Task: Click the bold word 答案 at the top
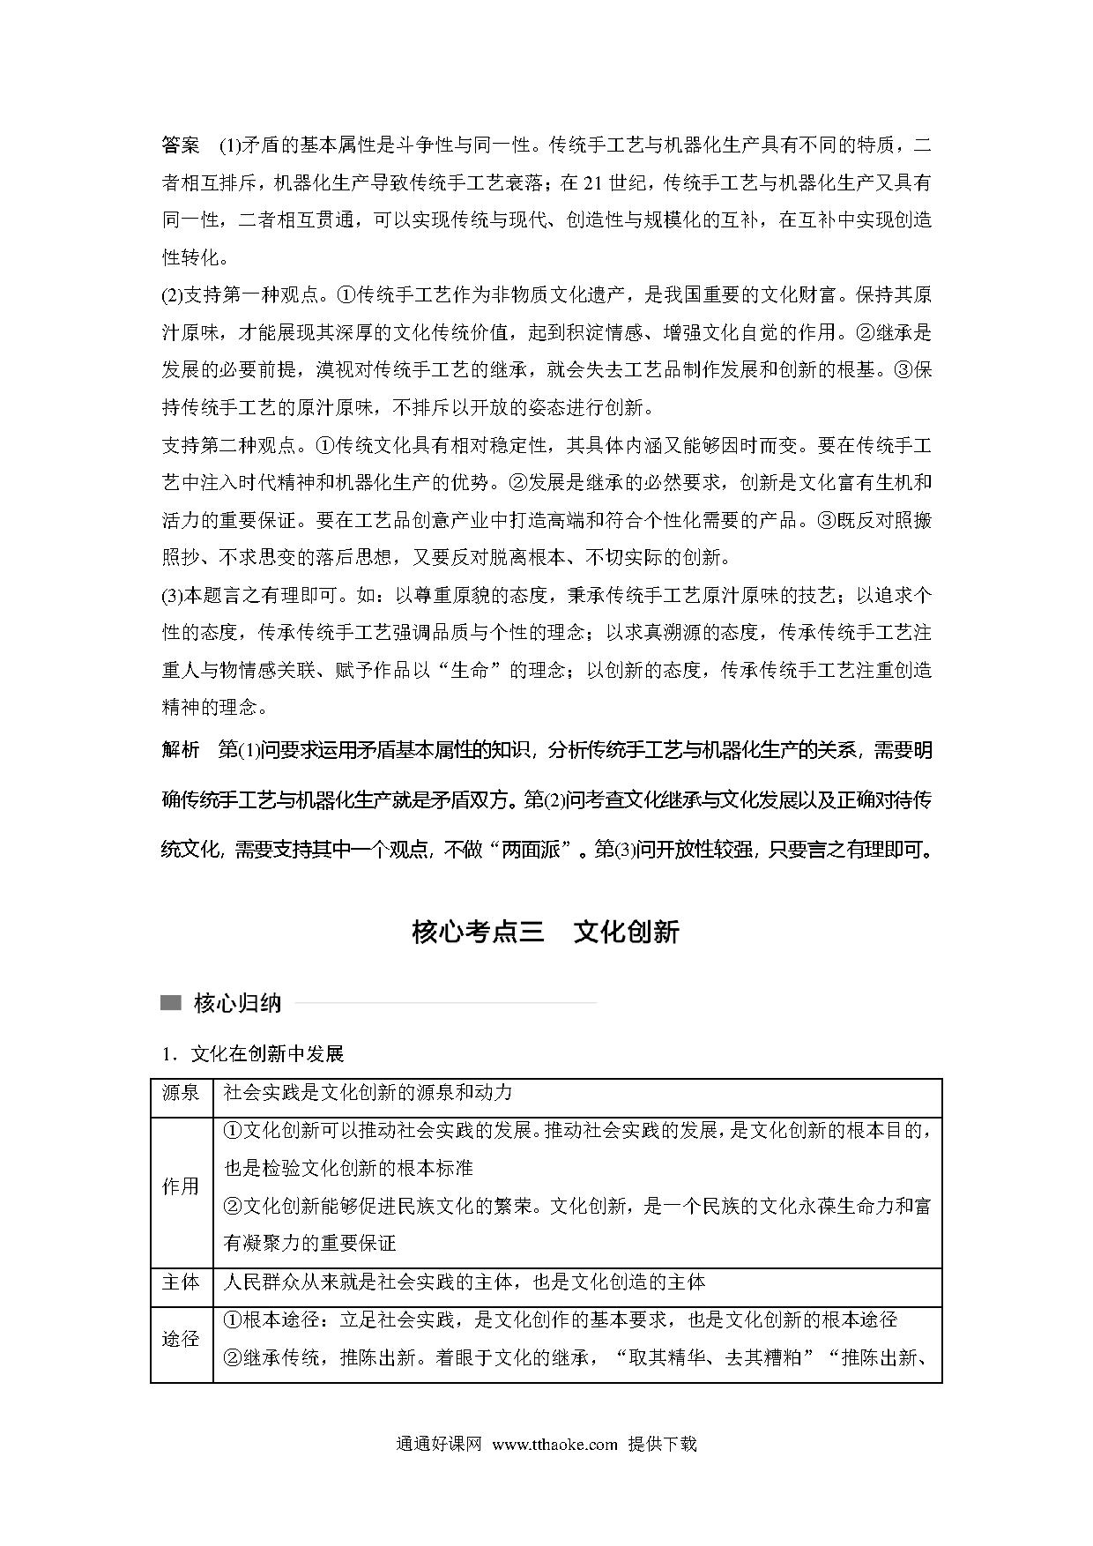point(182,145)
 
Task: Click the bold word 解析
point(182,750)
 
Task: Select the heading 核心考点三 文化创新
point(545,933)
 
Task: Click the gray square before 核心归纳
point(171,1003)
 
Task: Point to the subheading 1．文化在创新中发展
point(252,1053)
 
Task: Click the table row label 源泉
point(181,1093)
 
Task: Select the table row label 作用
point(181,1186)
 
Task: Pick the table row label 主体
point(181,1282)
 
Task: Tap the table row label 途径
point(181,1339)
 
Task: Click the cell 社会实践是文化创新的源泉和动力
point(368,1093)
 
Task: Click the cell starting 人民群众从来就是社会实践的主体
point(465,1282)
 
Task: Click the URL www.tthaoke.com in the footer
point(555,1445)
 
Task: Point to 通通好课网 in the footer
point(439,1445)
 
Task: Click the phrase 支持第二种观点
point(229,446)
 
